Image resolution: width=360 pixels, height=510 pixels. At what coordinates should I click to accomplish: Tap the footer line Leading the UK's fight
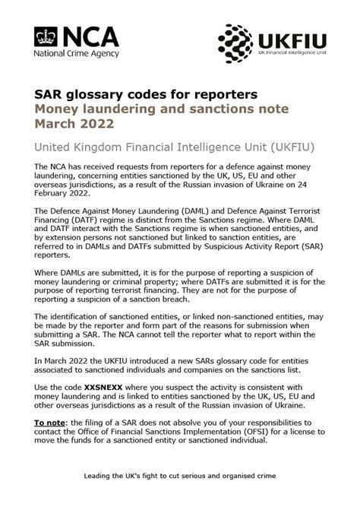180,476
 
